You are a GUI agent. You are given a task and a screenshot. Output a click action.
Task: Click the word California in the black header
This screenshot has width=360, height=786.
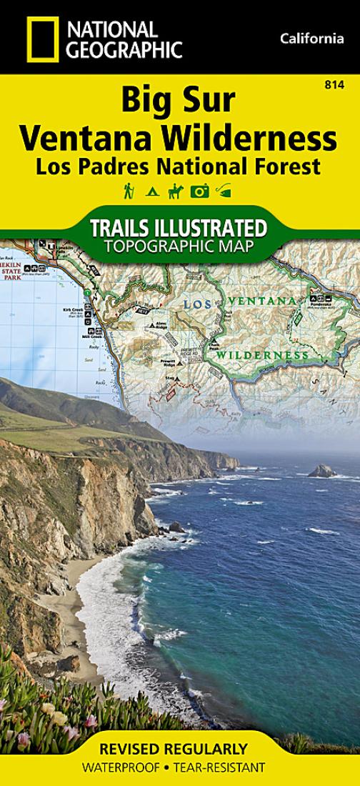pos(312,39)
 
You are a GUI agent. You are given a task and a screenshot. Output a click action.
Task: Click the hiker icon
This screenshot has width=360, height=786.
pos(129,191)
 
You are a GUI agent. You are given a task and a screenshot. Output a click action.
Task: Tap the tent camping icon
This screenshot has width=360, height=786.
pos(151,191)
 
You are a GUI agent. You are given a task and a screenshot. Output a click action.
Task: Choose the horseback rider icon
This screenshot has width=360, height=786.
pos(176,191)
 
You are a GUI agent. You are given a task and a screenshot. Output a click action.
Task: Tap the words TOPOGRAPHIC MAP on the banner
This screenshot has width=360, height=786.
pos(179,247)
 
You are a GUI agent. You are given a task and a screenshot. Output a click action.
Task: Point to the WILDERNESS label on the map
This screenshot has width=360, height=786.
pos(263,354)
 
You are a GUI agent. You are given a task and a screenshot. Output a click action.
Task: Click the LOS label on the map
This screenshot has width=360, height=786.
pos(198,304)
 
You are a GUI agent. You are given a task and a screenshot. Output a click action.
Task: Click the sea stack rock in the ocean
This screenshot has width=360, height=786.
pos(322,471)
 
